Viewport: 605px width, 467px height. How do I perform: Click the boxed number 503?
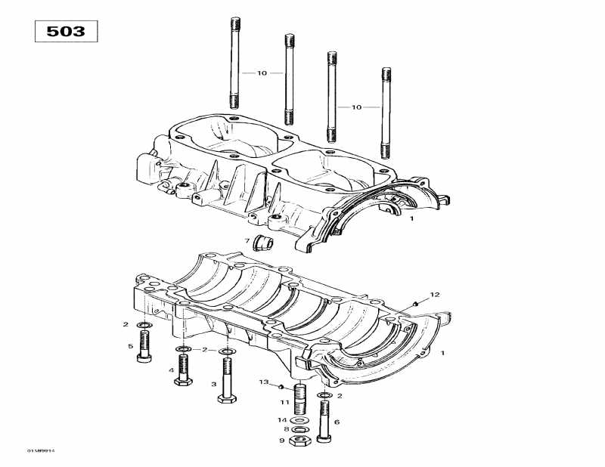[67, 32]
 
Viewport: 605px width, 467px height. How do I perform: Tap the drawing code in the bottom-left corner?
[41, 451]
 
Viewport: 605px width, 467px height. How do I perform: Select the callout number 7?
[247, 241]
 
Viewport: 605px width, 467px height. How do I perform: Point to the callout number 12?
[434, 294]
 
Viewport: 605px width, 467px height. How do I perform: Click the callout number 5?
[130, 347]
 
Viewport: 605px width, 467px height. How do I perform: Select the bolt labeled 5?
[144, 348]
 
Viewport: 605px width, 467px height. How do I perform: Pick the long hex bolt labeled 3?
[227, 378]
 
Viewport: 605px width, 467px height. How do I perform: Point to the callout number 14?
[281, 419]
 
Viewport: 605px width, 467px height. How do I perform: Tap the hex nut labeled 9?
[299, 441]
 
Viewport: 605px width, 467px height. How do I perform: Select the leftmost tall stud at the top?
[234, 65]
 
